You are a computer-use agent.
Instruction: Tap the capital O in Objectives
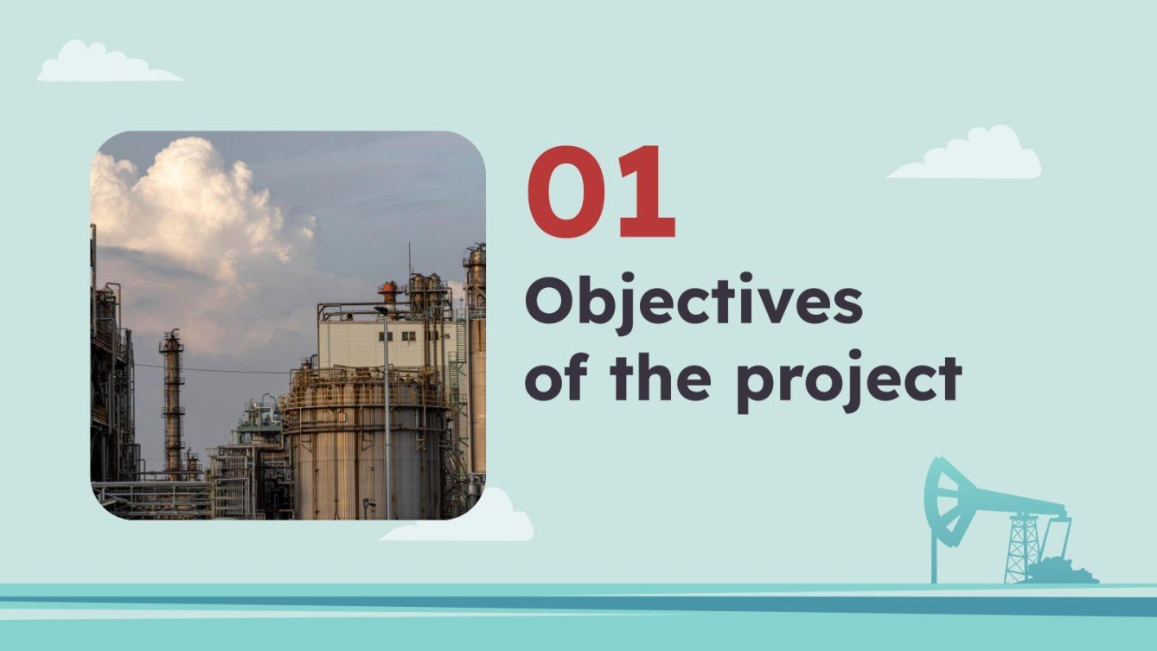click(550, 303)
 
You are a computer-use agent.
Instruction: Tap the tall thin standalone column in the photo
click(172, 398)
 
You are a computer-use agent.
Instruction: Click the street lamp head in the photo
click(381, 309)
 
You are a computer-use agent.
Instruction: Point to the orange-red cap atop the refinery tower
click(388, 287)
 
